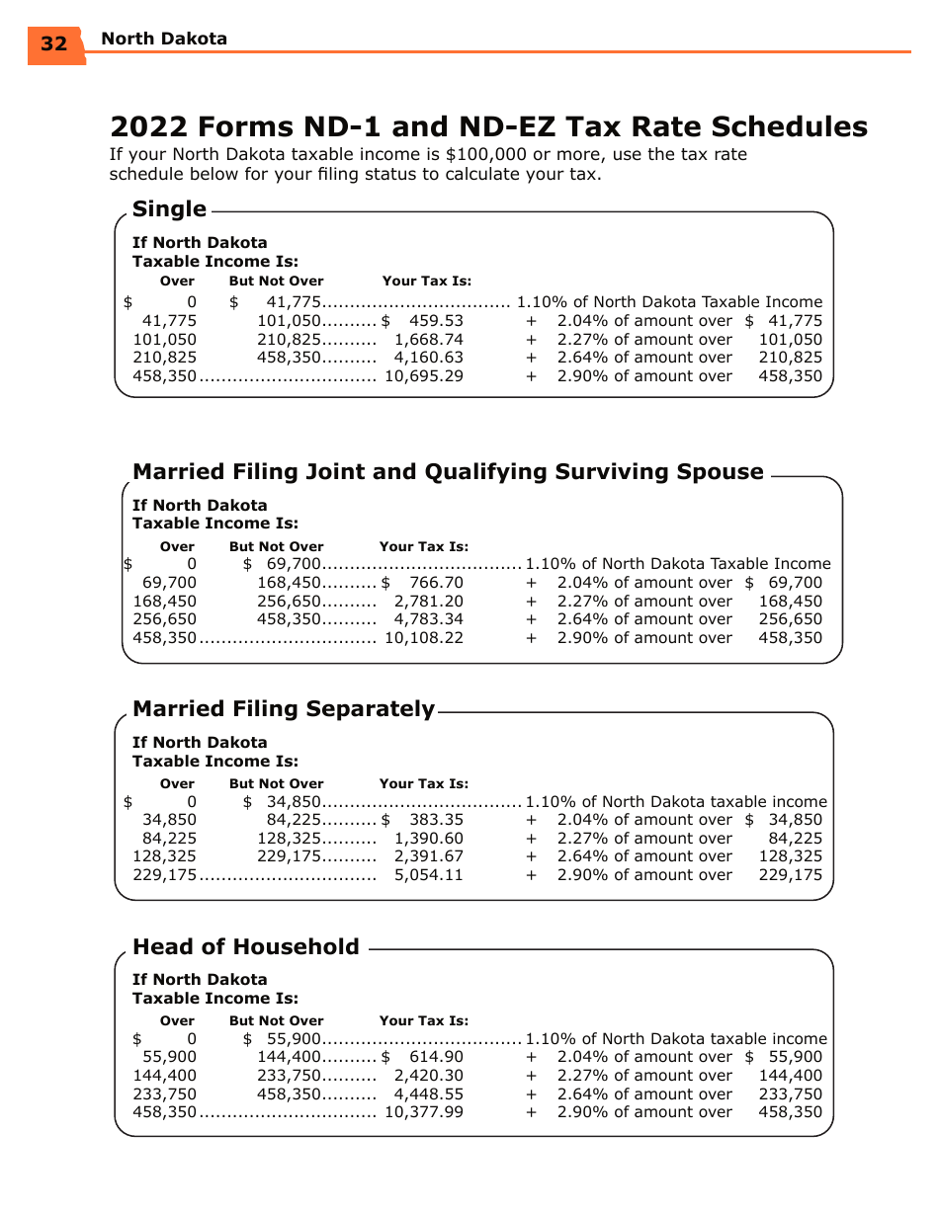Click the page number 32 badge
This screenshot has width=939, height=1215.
(x=54, y=43)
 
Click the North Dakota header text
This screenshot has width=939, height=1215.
(x=164, y=39)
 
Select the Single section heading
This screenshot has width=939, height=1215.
(x=169, y=209)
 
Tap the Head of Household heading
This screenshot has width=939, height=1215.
(x=245, y=946)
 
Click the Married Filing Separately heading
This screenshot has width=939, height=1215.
(x=283, y=709)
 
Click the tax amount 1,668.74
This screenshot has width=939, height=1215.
(x=428, y=340)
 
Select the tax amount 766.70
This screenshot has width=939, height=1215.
(x=436, y=583)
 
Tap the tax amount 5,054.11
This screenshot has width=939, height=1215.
(x=428, y=875)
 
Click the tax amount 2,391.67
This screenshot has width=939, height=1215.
(x=428, y=856)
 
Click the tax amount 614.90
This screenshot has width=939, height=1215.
(x=436, y=1057)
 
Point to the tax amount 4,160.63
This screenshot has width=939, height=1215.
(x=428, y=358)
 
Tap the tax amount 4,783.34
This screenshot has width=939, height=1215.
(x=428, y=619)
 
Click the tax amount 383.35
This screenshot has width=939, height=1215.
(x=436, y=820)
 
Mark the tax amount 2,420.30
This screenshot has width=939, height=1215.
(x=428, y=1076)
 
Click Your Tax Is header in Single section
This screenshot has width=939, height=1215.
(x=427, y=282)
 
